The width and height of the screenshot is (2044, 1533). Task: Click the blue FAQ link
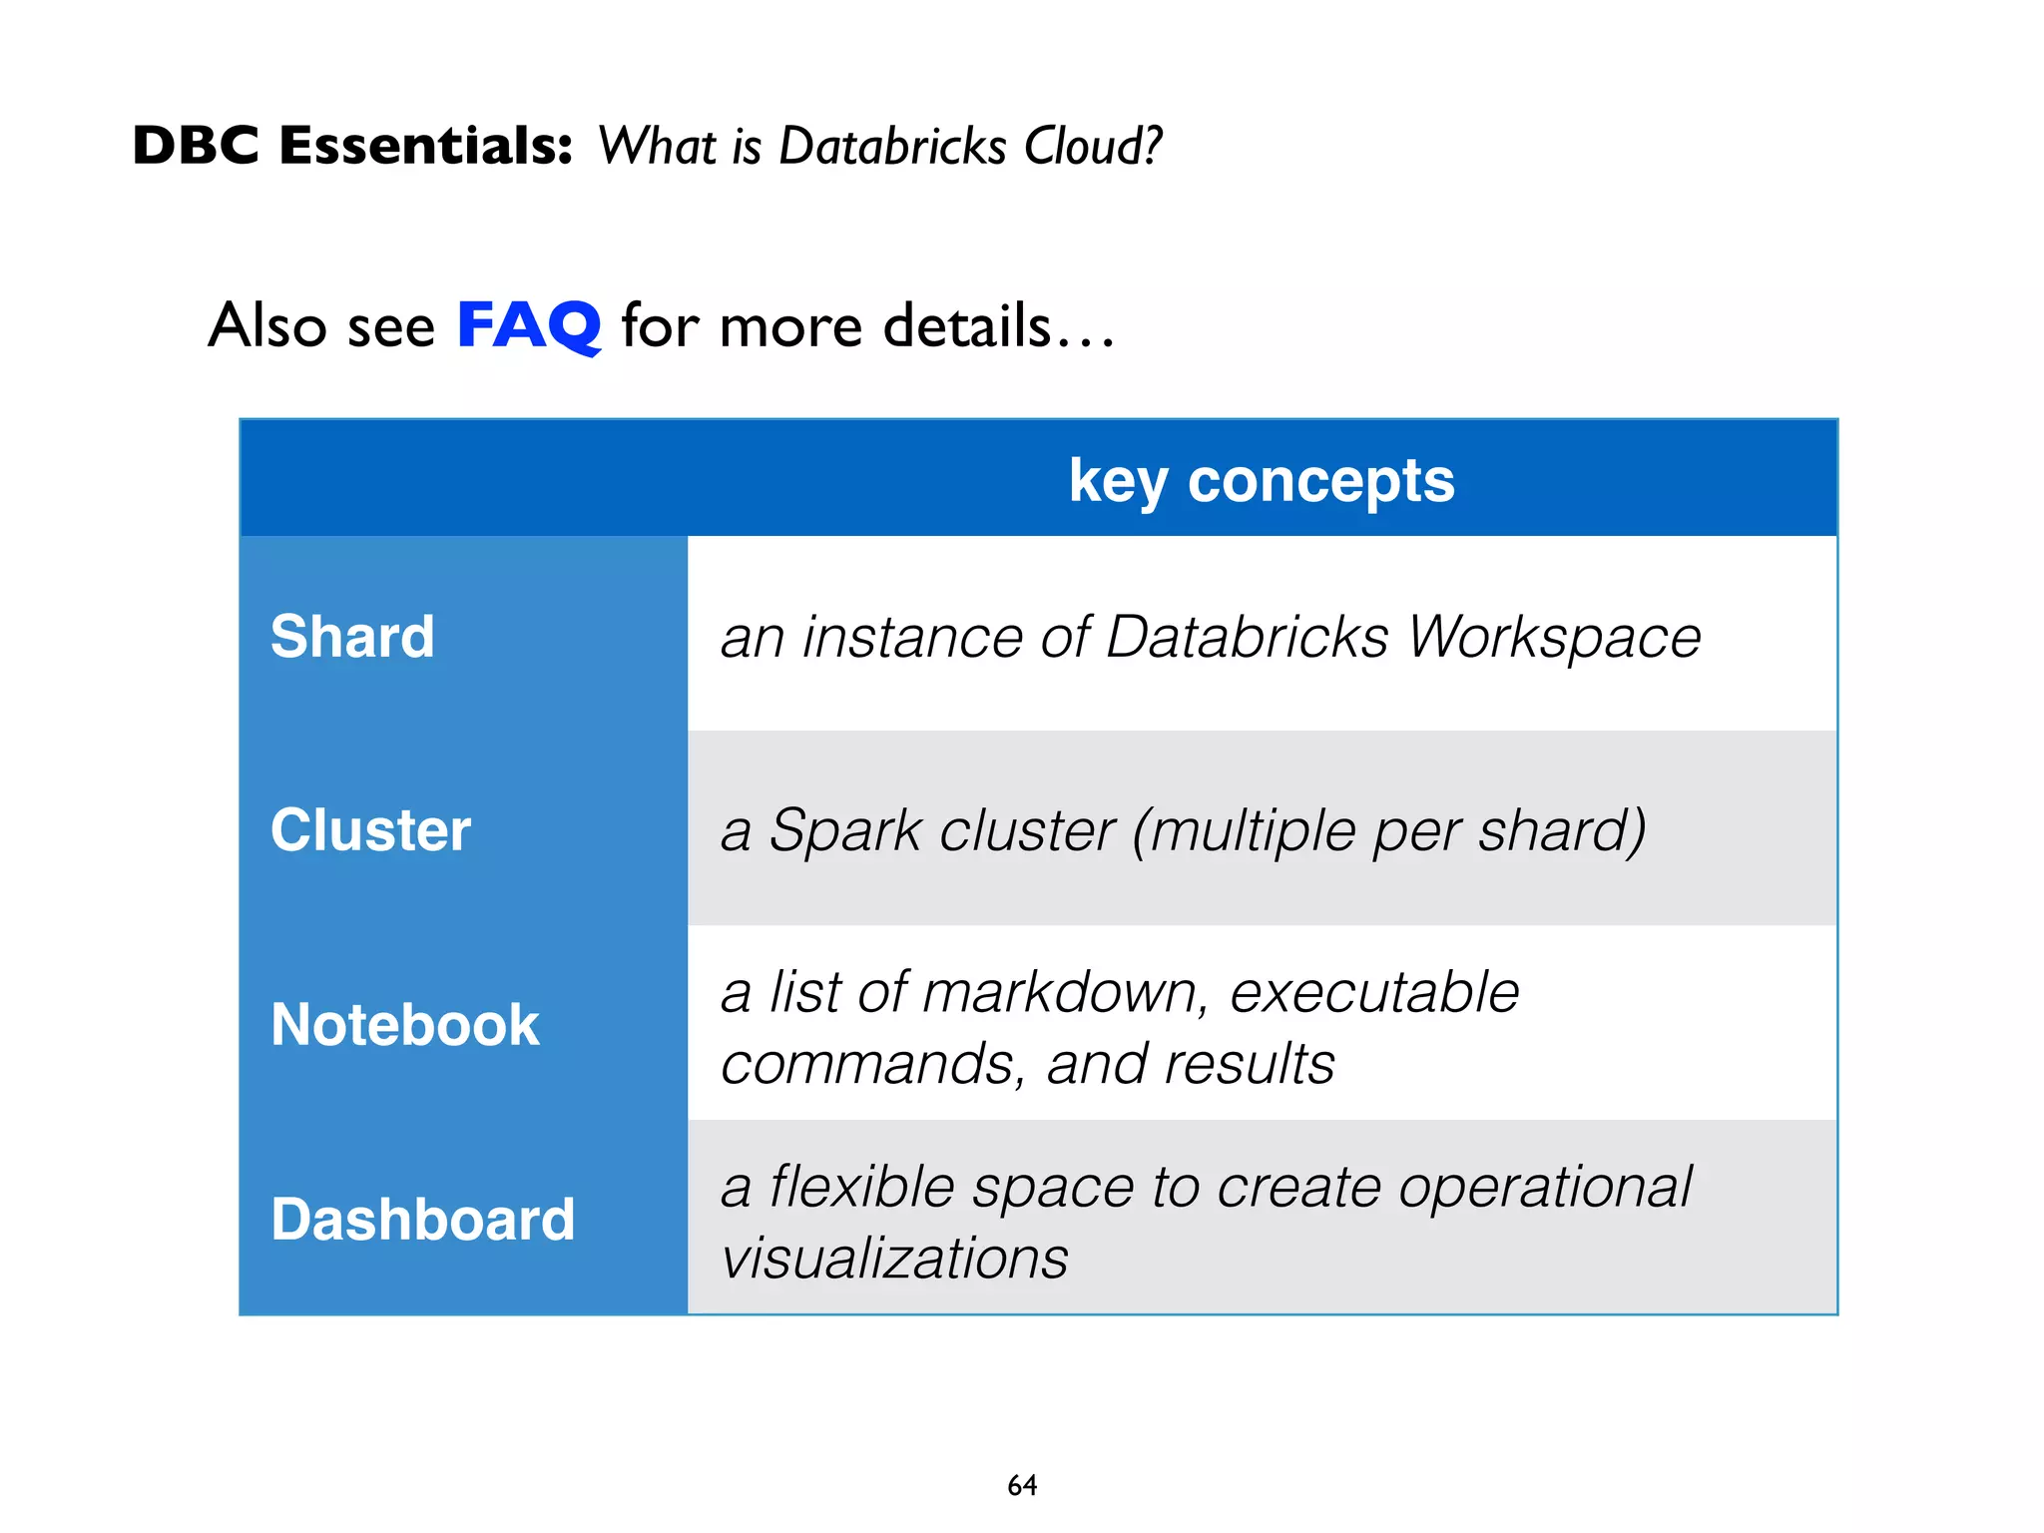coord(528,325)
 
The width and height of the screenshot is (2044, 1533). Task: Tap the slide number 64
coord(1022,1485)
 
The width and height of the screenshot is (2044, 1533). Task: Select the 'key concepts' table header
coord(1261,481)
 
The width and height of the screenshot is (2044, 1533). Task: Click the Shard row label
coord(352,637)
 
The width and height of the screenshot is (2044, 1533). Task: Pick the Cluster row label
coord(370,830)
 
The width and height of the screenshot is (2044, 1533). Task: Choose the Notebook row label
coord(404,1025)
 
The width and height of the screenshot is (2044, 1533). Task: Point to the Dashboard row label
coord(422,1220)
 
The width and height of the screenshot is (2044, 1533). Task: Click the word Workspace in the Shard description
coord(1554,637)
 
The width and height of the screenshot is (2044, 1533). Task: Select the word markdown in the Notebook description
coord(1060,993)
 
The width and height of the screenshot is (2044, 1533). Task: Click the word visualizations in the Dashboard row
coord(894,1258)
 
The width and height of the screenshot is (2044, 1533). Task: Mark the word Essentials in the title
coord(425,146)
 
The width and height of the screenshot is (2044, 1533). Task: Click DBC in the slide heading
coord(196,146)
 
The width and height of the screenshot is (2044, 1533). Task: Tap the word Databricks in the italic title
coord(892,146)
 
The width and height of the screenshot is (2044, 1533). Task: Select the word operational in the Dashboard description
coord(1544,1188)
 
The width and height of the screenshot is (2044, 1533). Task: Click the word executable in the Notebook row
coord(1373,993)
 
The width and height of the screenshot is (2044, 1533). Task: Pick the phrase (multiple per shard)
coord(1388,830)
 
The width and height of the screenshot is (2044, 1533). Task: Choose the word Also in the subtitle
coord(267,325)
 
